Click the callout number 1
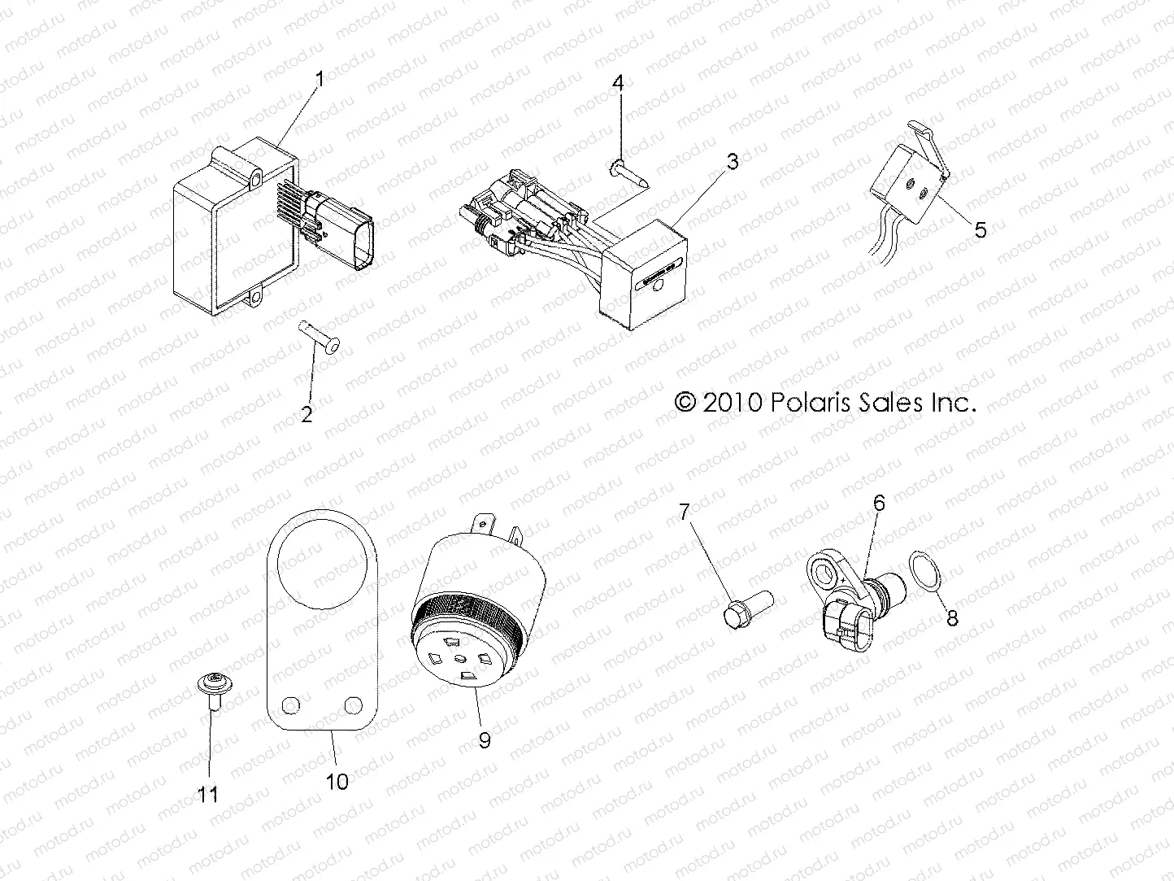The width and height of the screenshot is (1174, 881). (320, 80)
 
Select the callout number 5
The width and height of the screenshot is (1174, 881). (980, 229)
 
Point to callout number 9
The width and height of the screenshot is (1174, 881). (485, 740)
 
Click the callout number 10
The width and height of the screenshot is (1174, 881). (337, 782)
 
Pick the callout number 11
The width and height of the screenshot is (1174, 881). (208, 795)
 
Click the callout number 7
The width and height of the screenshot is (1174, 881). (685, 512)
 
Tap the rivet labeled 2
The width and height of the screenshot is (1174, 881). (320, 337)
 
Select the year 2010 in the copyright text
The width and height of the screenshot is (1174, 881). (732, 403)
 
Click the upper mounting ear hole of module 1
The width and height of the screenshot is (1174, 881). (257, 178)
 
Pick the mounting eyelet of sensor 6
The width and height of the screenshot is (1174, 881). (823, 574)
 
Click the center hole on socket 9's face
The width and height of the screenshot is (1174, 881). (462, 658)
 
